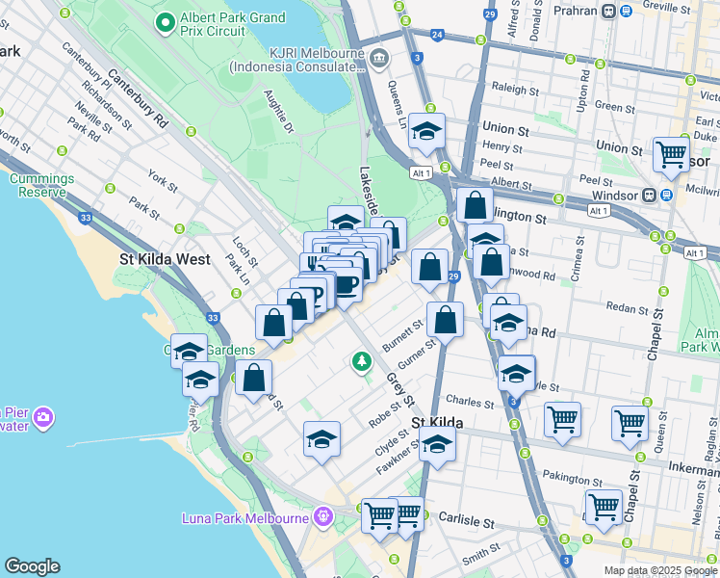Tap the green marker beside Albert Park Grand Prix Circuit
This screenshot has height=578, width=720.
pyautogui.click(x=166, y=20)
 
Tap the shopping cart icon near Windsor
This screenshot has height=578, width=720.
pyautogui.click(x=671, y=153)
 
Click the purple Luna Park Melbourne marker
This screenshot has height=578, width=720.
pyautogui.click(x=321, y=519)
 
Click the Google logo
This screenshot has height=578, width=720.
pyautogui.click(x=32, y=565)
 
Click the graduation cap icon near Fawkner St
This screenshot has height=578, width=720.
pyautogui.click(x=437, y=445)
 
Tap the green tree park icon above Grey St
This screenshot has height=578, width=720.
pyautogui.click(x=361, y=362)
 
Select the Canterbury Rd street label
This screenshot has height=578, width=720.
pyautogui.click(x=138, y=98)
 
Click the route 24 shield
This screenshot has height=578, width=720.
pyautogui.click(x=437, y=35)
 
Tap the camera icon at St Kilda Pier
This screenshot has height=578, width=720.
pyautogui.click(x=42, y=417)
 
